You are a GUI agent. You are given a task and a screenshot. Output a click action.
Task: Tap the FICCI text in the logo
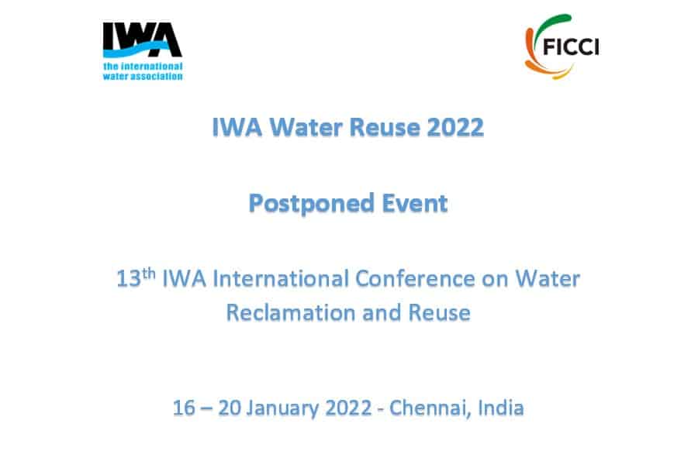pyautogui.click(x=571, y=46)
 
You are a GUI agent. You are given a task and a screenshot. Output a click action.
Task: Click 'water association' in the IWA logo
pyautogui.click(x=143, y=76)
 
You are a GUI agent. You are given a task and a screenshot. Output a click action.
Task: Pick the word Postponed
pyautogui.click(x=311, y=204)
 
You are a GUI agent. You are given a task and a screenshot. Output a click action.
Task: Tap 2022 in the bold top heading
pyautogui.click(x=455, y=127)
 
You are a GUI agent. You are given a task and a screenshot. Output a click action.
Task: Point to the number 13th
pyautogui.click(x=136, y=278)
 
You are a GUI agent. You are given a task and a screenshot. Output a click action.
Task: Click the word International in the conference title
pyautogui.click(x=281, y=279)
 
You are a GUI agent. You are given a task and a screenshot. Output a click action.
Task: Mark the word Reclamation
pyautogui.click(x=291, y=312)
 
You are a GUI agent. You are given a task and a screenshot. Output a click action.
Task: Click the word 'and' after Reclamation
pyautogui.click(x=382, y=312)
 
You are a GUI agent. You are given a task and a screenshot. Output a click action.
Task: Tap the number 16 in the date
pyautogui.click(x=183, y=408)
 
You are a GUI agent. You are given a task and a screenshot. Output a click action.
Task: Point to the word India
pyautogui.click(x=501, y=408)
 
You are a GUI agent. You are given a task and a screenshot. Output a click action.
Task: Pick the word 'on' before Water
pyautogui.click(x=495, y=280)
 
